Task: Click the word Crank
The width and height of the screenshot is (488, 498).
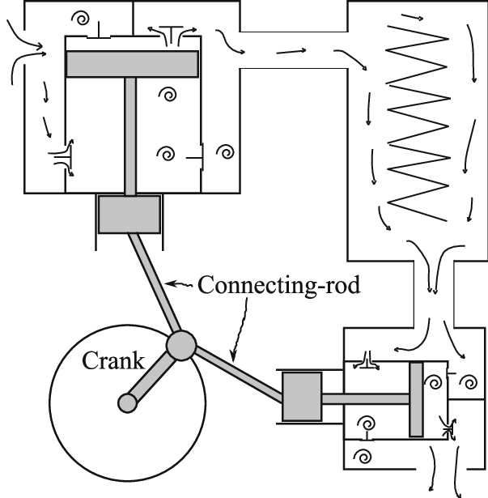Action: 113,360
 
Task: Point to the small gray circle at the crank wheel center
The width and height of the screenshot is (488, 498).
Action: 127,402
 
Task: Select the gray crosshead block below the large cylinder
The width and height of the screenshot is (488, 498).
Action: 129,214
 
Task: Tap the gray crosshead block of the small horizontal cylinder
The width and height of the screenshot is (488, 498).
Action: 302,397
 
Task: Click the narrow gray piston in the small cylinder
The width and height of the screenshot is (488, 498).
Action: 416,399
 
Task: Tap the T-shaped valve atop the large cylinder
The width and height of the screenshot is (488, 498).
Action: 171,33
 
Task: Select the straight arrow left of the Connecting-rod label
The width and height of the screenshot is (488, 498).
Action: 180,283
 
